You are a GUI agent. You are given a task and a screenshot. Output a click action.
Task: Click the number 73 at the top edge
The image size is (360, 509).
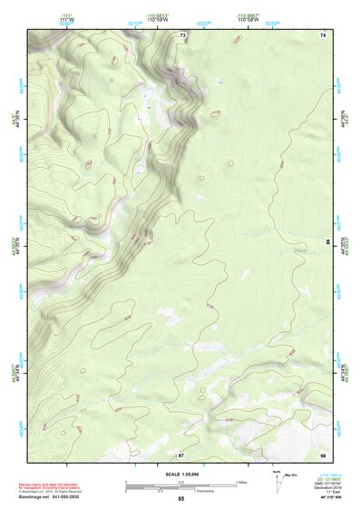pos(182,34)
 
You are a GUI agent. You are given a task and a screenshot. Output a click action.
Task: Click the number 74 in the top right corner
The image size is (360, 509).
pos(322,34)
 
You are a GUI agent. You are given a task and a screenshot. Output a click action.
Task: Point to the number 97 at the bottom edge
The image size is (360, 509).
pos(181,454)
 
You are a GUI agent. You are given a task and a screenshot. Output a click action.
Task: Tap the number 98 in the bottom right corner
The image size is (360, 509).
pos(322,454)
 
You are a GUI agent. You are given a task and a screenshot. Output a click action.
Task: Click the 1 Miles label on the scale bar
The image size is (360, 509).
pos(240,481)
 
